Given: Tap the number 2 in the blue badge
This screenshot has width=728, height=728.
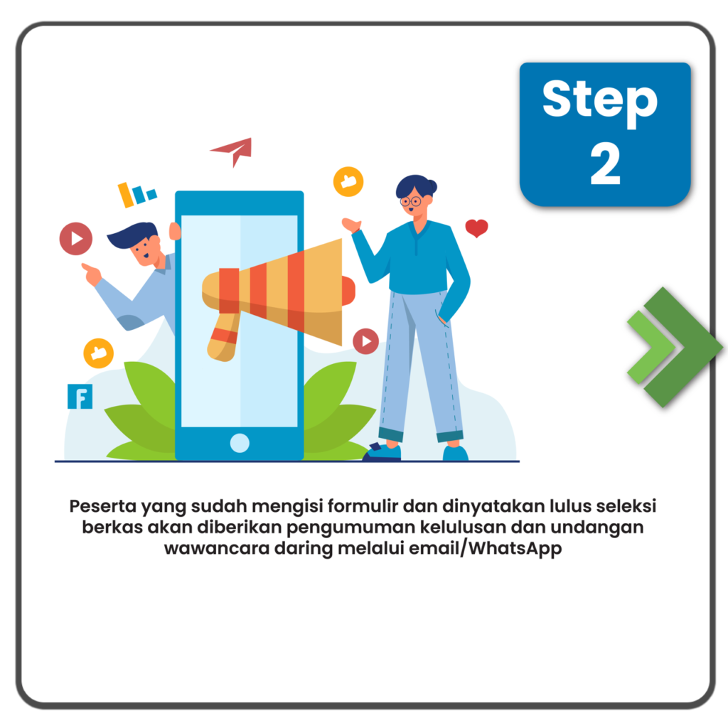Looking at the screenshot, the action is pyautogui.click(x=605, y=163).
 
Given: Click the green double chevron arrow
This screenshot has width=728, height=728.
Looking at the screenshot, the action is pyautogui.click(x=674, y=347).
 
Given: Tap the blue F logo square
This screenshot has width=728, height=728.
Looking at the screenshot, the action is pyautogui.click(x=80, y=397).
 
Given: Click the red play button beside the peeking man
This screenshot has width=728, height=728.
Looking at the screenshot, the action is pyautogui.click(x=75, y=239).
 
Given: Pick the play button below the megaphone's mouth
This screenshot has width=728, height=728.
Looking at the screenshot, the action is pyautogui.click(x=366, y=341).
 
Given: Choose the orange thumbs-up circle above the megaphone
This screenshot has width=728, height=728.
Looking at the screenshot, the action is pyautogui.click(x=348, y=181).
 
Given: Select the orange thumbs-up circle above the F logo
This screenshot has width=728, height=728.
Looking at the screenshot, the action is pyautogui.click(x=98, y=353).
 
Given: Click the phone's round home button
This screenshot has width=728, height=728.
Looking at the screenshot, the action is pyautogui.click(x=240, y=443).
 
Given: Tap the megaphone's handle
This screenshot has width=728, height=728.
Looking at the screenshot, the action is pyautogui.click(x=223, y=337).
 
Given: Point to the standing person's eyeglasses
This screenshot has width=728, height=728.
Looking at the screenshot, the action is pyautogui.click(x=411, y=201).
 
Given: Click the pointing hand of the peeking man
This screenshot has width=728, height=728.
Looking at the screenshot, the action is pyautogui.click(x=91, y=274).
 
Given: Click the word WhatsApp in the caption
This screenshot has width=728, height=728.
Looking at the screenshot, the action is pyautogui.click(x=515, y=548).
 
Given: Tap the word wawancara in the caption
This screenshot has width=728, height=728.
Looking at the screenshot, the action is pyautogui.click(x=217, y=548).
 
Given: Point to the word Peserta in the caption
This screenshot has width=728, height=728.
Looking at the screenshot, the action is pyautogui.click(x=102, y=505).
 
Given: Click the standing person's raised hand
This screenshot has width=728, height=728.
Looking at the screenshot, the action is pyautogui.click(x=351, y=225).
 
